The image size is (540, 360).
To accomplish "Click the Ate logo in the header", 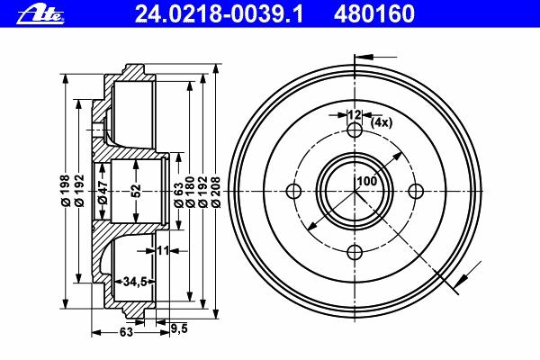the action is pyautogui.click(x=40, y=14).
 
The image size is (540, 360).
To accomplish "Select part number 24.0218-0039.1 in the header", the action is pyautogui.click(x=219, y=14).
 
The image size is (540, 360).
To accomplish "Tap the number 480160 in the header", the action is pyautogui.click(x=374, y=14).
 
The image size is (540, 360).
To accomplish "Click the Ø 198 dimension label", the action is pyautogui.click(x=66, y=191).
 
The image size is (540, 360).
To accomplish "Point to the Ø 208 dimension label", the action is pyautogui.click(x=216, y=192).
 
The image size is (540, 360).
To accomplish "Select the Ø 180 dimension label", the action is pyautogui.click(x=190, y=192).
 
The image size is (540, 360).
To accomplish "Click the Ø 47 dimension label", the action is pyautogui.click(x=103, y=192).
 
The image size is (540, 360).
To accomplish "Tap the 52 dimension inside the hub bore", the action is pyautogui.click(x=137, y=191).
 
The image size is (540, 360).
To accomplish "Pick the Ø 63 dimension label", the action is pyautogui.click(x=179, y=195).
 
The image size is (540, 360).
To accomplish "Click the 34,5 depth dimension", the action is pyautogui.click(x=135, y=282).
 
